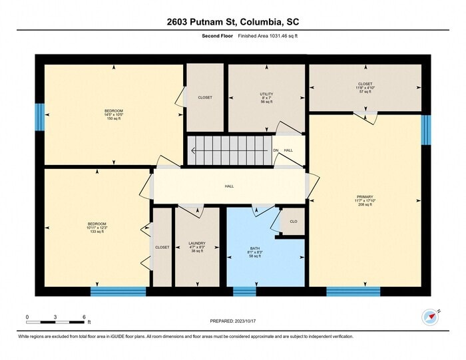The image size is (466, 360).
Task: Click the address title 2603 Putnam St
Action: (233, 21)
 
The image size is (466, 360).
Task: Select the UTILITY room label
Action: (266, 98)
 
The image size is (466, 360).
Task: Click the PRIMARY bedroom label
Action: (365, 200)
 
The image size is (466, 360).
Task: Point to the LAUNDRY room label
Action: (196, 247)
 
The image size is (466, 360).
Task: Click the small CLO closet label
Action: (293, 221)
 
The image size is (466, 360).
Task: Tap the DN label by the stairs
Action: (276, 150)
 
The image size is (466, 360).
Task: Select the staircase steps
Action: (230, 150)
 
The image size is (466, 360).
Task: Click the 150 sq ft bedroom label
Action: (114, 114)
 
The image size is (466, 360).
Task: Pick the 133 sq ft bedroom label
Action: (97, 228)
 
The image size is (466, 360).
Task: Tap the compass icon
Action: (429, 317)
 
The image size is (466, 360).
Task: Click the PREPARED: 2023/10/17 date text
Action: (233, 321)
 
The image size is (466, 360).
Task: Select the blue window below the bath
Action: (244, 291)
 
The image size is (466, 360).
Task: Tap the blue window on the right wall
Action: (425, 129)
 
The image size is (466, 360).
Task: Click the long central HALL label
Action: (229, 186)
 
